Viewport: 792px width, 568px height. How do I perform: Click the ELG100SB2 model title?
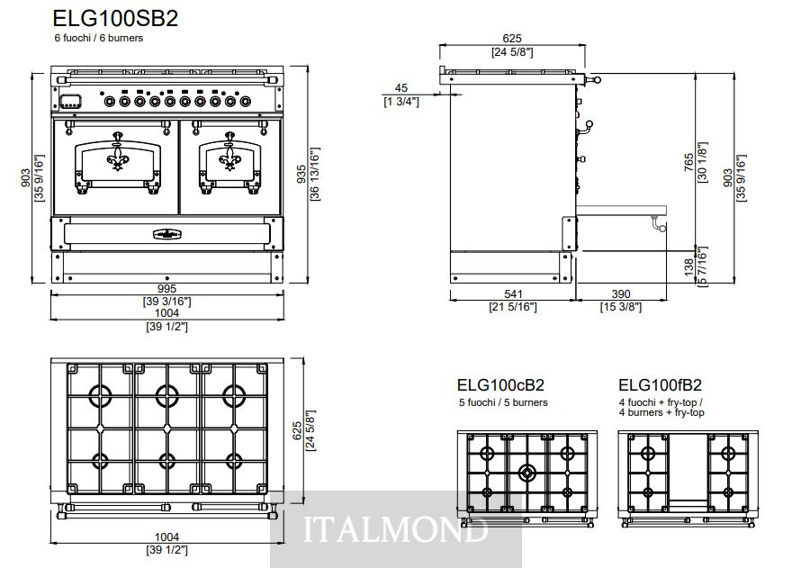tap(115, 19)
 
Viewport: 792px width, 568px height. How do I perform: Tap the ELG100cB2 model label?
tap(500, 385)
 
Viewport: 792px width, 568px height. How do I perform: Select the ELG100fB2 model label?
tap(661, 385)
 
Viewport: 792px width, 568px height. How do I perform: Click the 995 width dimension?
tap(166, 289)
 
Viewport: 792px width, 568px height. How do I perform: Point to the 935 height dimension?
tap(301, 175)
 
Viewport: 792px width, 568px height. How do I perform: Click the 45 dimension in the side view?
tap(401, 88)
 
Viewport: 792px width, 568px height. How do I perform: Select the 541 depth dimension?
tap(513, 294)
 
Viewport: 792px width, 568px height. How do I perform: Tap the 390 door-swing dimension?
tap(621, 294)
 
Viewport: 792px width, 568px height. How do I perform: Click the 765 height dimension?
tap(689, 162)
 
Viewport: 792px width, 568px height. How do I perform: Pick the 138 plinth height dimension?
tap(689, 267)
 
